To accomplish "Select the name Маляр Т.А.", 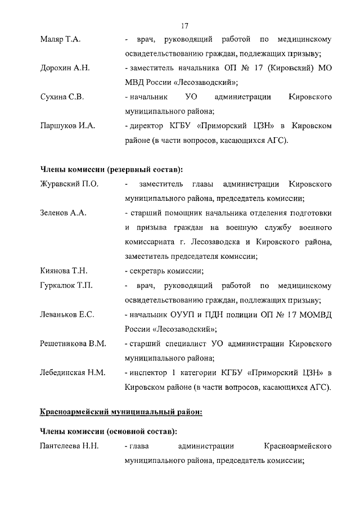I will coord(61,39).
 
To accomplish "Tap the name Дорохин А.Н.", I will coord(65,69).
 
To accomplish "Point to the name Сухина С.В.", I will coord(62,97).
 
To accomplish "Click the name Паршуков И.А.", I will coord(67,126).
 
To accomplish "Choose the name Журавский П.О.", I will coord(69,184).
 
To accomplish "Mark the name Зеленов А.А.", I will coord(62,213).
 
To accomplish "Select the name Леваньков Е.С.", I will coord(67,314).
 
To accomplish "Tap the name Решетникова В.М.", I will coord(73,343).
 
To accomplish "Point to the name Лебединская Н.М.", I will coord(73,372).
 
